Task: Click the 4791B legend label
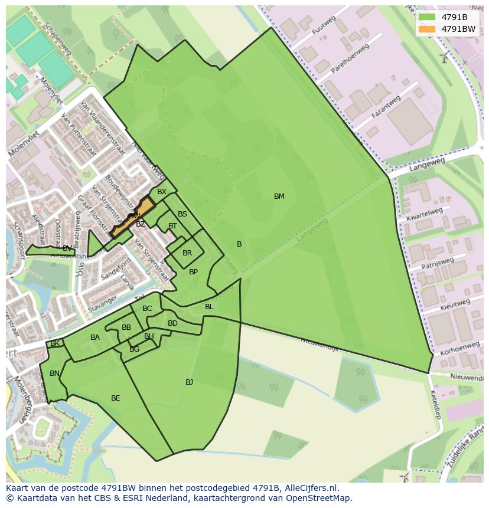tap(454, 17)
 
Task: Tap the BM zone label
tap(279, 196)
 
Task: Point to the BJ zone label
tap(189, 382)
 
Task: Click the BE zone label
tap(116, 398)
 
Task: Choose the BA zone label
tap(95, 337)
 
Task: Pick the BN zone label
tap(54, 373)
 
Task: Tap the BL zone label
tap(209, 307)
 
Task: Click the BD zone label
tap(172, 323)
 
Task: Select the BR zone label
tap(187, 253)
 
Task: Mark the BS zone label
tap(182, 214)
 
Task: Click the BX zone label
tap(162, 192)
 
